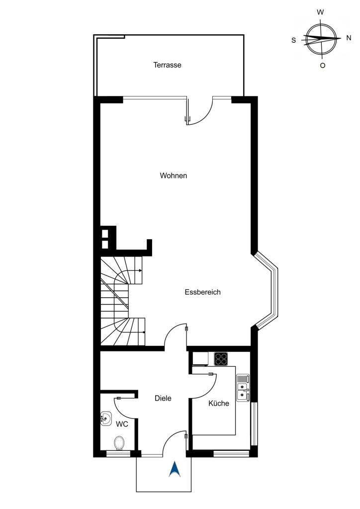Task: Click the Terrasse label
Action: (167, 65)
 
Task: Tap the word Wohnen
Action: (174, 175)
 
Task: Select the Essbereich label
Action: (202, 292)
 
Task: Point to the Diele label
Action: (163, 398)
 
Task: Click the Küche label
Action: (219, 403)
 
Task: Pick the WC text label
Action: (122, 424)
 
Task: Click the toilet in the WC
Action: (119, 443)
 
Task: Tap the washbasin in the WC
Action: (106, 419)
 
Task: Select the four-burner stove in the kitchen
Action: (221, 359)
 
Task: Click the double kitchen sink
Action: (243, 388)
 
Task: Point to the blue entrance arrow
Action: (175, 469)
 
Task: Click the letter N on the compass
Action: (349, 38)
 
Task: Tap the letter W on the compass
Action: (320, 12)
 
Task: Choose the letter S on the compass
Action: (294, 40)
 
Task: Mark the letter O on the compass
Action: (322, 66)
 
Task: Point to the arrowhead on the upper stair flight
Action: (140, 270)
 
